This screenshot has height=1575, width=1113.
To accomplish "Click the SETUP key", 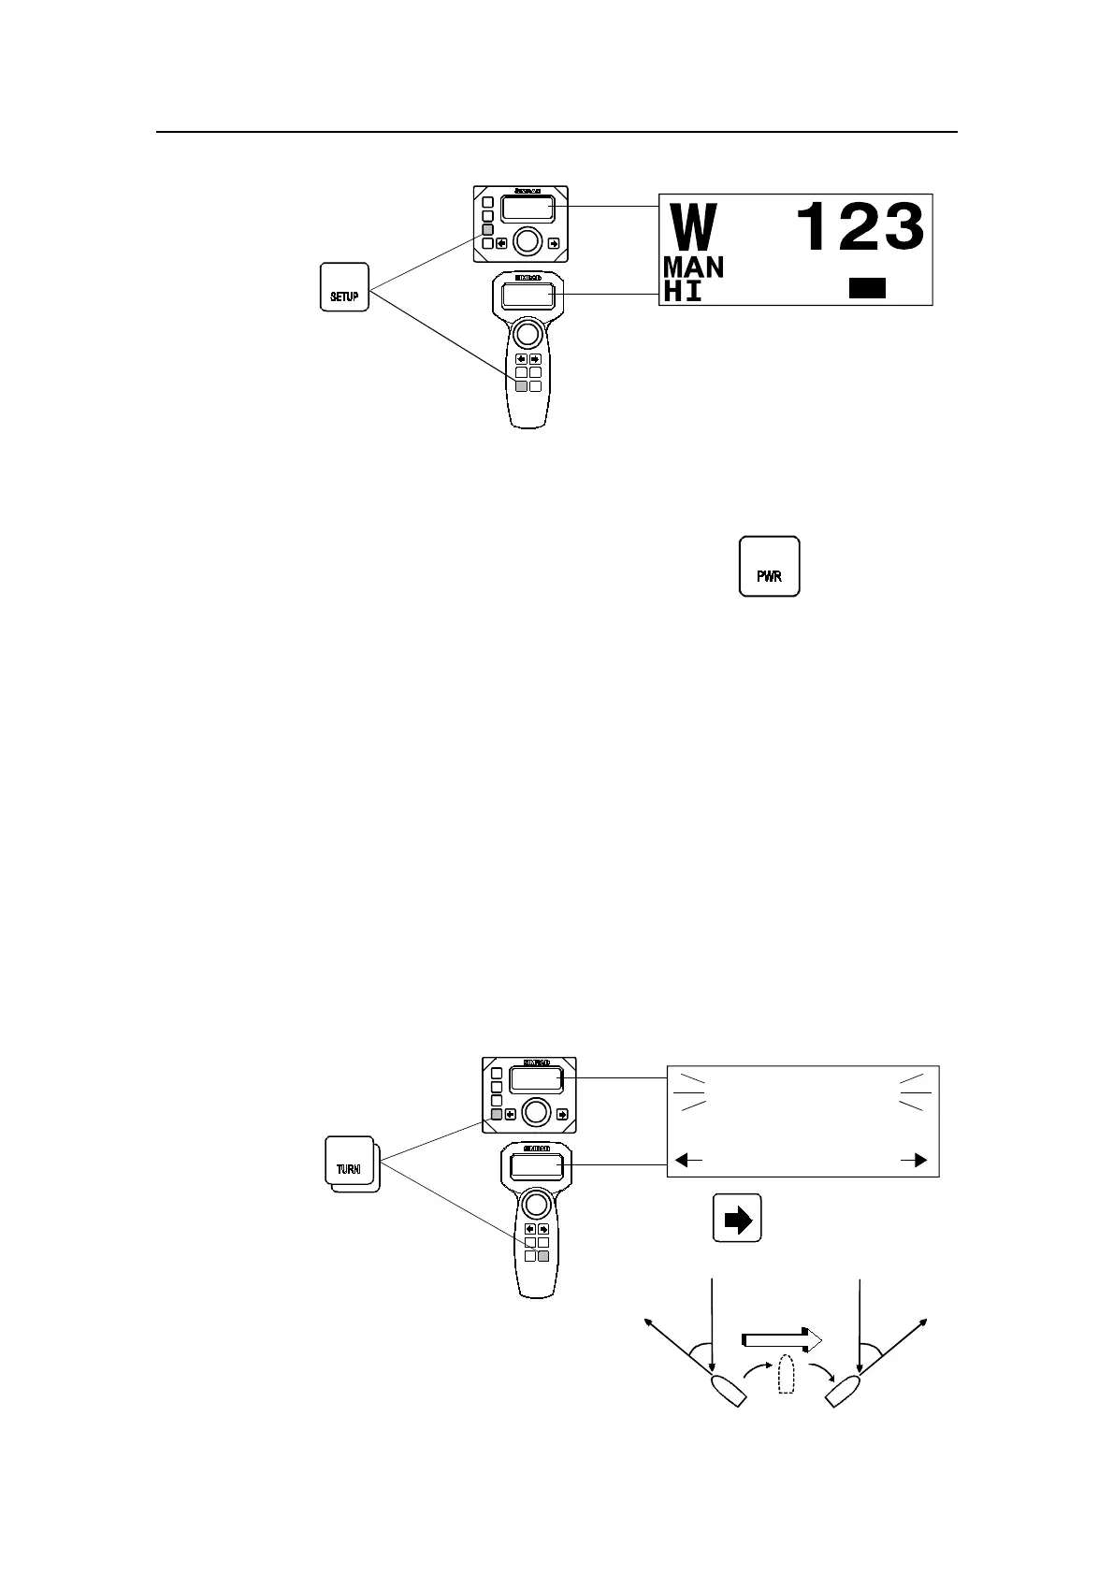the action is pos(344,287).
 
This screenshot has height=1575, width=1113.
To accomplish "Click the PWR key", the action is pos(769,567).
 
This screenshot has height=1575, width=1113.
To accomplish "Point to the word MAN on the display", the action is pos(693,267).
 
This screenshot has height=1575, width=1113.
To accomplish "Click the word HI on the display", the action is pos(682,291).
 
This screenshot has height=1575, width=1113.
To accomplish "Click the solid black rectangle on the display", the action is pos(867,288).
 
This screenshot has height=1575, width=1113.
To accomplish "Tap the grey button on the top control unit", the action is pos(487,229).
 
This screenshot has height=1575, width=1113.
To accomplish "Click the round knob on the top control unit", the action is pos(527,241).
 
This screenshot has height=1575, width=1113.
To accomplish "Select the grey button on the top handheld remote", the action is pos(521,385).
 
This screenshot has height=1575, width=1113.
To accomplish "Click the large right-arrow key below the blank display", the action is pos(738,1218).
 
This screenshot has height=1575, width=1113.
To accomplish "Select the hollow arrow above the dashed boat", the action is pos(782,1340).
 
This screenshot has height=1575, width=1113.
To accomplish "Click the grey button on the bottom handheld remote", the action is pos(542,1256).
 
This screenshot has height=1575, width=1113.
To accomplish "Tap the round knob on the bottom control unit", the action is pos(535,1111).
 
